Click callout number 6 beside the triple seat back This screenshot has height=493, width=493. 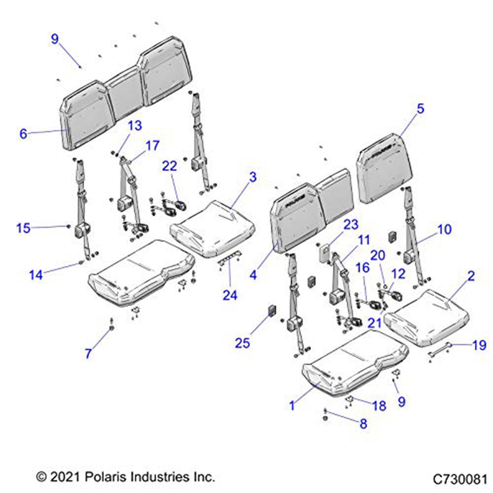(23, 134)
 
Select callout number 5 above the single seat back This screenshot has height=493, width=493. (420, 109)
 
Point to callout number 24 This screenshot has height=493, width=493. (230, 295)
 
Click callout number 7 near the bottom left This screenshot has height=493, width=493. (89, 353)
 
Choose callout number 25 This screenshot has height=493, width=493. (243, 343)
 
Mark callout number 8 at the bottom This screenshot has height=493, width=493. (363, 423)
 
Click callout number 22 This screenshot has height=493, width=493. (170, 167)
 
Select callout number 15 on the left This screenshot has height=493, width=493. (23, 228)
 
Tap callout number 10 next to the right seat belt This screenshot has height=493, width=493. (444, 230)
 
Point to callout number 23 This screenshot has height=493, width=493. (351, 225)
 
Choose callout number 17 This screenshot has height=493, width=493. (152, 146)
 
